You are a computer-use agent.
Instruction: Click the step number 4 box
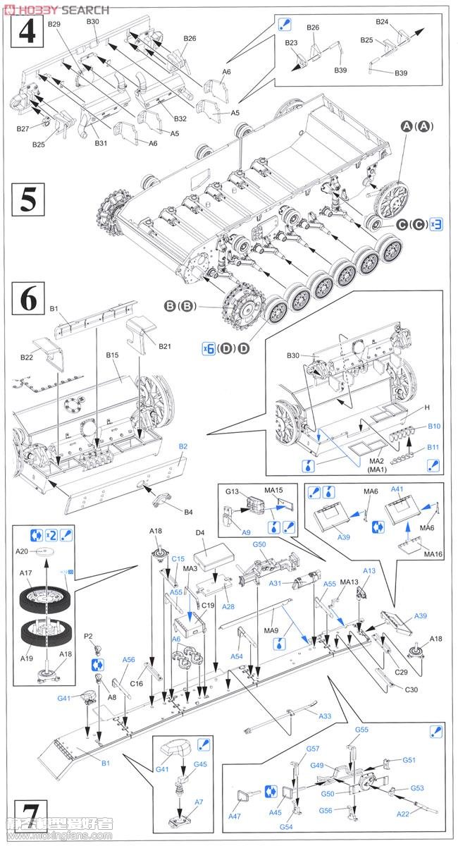pos(27,31)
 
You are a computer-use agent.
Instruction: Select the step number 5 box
pos(27,200)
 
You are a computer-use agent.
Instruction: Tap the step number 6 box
pos(27,299)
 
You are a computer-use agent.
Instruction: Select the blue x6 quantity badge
pos(207,348)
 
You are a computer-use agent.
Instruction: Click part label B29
pos(54,24)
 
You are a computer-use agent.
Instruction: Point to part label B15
pos(113,355)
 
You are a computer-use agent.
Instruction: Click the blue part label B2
pos(182,446)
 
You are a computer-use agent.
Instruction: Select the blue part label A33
pos(325,716)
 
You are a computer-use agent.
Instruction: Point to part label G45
pos(200,764)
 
